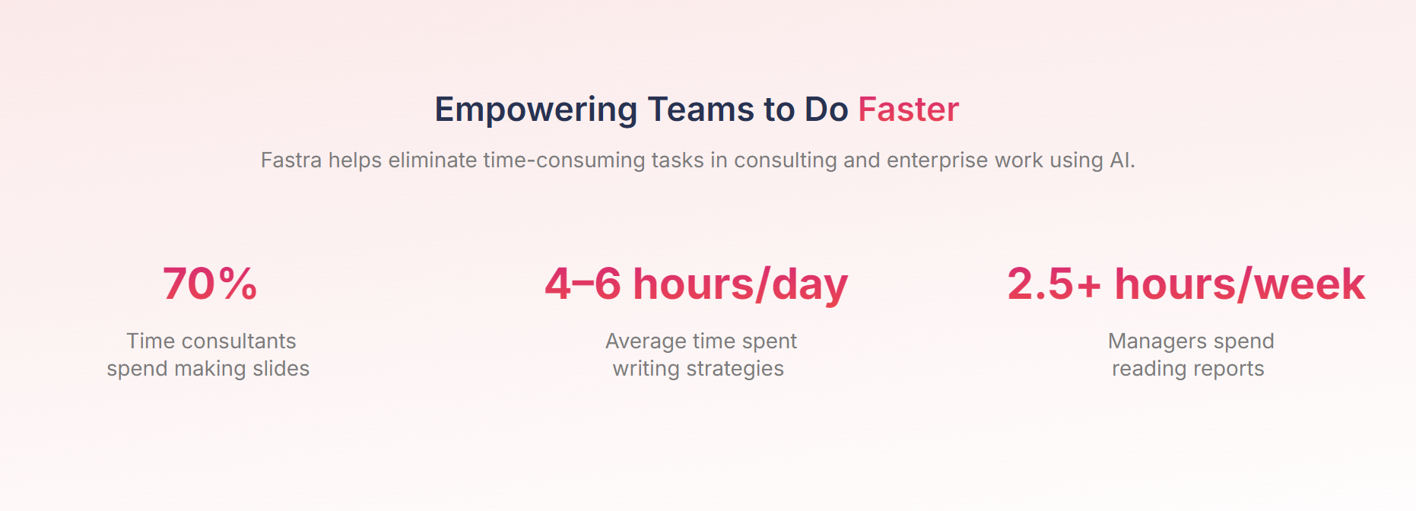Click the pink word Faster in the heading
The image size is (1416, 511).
(909, 109)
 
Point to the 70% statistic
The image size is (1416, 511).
(210, 284)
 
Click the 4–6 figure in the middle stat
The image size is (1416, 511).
(583, 284)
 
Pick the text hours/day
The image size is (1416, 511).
(740, 285)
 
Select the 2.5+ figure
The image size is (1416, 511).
(1054, 284)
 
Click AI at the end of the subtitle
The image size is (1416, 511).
(1121, 160)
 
